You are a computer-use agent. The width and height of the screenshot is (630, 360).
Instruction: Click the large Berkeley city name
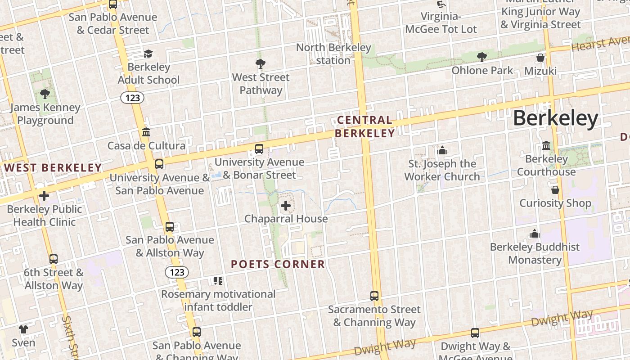tap(555, 119)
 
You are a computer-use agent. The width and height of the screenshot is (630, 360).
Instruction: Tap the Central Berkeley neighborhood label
tap(364, 126)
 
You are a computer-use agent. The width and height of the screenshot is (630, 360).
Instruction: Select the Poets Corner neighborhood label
tap(278, 264)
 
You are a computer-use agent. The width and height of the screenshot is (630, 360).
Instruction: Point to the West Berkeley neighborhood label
tap(53, 168)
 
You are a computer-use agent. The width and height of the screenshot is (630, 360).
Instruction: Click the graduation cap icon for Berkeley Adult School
tap(148, 54)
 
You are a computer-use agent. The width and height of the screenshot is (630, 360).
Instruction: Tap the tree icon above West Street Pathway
tap(260, 63)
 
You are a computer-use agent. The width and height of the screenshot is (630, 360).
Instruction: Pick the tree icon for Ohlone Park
tap(481, 57)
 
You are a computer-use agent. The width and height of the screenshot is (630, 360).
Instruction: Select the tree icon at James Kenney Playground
tap(45, 94)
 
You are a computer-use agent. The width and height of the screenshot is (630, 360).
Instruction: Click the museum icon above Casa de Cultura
tap(146, 132)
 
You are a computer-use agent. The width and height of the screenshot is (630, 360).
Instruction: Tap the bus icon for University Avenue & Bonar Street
tap(259, 148)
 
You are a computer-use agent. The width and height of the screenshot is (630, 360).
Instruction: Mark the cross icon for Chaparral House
tap(286, 206)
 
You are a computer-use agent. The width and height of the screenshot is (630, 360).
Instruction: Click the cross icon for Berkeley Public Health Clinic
tap(44, 196)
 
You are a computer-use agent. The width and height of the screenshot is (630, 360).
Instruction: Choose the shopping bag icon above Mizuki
tap(540, 58)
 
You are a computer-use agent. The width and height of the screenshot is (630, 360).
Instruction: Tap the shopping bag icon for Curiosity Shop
tap(555, 189)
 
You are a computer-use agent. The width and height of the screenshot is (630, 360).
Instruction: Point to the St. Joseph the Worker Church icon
tap(442, 150)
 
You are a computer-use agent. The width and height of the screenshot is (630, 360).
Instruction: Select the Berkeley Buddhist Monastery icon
tap(535, 234)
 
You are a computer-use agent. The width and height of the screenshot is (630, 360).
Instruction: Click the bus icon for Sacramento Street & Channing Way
tap(374, 296)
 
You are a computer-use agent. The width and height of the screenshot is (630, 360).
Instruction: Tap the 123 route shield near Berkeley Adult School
tap(132, 98)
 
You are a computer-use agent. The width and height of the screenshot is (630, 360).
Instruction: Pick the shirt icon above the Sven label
tap(23, 329)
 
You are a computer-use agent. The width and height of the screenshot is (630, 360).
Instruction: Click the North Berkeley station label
tap(333, 54)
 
